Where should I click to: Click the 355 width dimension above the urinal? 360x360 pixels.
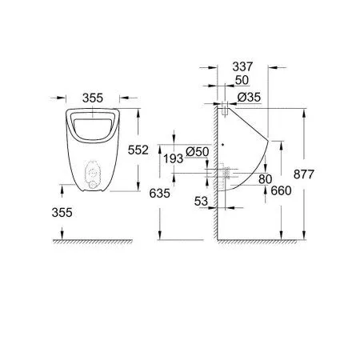[94, 98]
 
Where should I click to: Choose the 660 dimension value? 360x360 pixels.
[281, 190]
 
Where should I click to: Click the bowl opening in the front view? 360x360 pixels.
[94, 125]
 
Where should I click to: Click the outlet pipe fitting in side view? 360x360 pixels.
[226, 171]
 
